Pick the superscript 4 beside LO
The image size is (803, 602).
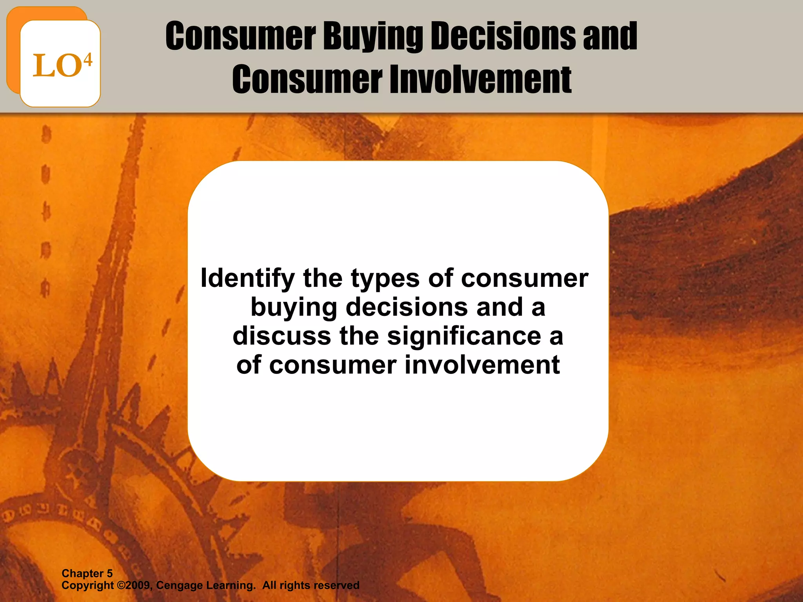coord(88,60)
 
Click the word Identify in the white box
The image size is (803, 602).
coord(247,279)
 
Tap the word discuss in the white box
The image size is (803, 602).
coord(282,336)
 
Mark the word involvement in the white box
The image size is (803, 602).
coord(482,365)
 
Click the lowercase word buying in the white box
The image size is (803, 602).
coord(294,308)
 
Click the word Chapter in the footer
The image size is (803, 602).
coord(82,573)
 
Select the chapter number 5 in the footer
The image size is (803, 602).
coord(109,573)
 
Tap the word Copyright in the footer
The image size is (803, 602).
coord(87,586)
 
